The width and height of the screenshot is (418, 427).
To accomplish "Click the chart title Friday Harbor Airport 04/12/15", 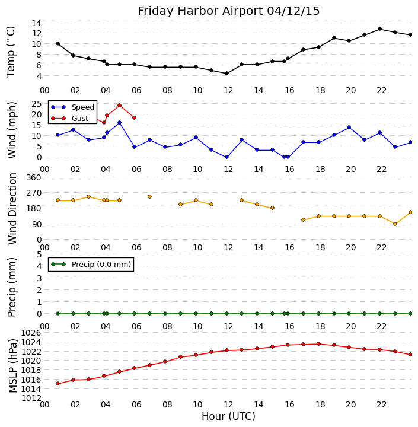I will click(229, 11).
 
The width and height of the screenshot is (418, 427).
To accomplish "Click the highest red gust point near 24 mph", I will click(119, 106).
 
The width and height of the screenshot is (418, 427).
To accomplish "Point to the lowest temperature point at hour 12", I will click(226, 74).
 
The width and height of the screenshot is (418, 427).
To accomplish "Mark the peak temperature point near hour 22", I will click(379, 29).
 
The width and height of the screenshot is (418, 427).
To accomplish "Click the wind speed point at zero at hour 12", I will click(226, 157).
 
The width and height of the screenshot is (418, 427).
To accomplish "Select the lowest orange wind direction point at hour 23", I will click(395, 224).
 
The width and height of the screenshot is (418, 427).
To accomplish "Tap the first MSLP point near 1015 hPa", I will click(58, 384).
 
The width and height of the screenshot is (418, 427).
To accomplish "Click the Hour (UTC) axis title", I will click(228, 416).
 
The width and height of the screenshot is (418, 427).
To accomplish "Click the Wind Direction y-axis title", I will click(13, 209).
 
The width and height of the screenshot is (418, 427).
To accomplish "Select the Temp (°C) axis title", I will click(11, 52).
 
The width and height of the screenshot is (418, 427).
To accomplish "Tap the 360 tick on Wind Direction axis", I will click(33, 177).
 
